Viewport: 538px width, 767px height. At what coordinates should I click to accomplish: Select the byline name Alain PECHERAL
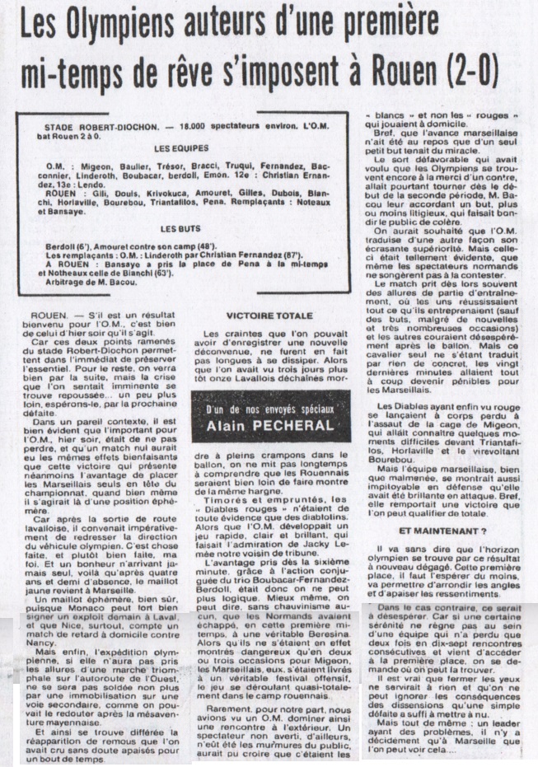[269, 425]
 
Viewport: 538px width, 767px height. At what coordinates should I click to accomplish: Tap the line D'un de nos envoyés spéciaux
[269, 409]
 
